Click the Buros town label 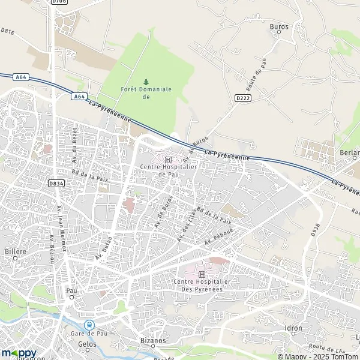point(280,27)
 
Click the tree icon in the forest point(146,82)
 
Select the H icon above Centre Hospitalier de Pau point(168,160)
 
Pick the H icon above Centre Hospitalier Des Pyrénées point(202,274)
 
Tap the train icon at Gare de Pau point(91,325)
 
